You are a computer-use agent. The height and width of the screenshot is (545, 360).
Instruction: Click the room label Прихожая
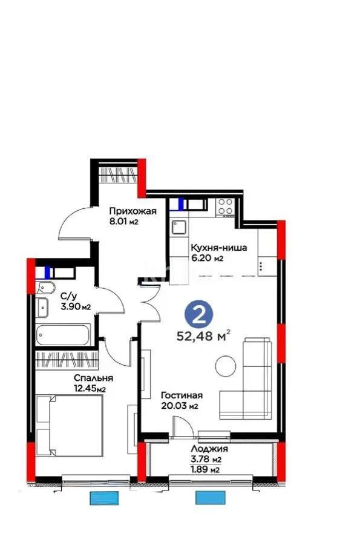coord(133,211)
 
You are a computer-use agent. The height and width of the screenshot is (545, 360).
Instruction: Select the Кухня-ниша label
coord(218,248)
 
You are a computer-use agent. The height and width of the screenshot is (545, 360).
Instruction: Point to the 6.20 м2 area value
coord(208,259)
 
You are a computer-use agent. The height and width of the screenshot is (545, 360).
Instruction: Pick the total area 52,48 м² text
coord(203,335)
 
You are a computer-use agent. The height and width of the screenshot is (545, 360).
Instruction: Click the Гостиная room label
coord(182,395)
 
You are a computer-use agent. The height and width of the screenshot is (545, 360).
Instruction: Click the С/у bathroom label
coord(68,297)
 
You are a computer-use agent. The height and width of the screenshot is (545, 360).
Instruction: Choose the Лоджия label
coord(209,449)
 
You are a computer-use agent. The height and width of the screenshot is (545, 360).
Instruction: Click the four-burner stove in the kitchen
coord(227,206)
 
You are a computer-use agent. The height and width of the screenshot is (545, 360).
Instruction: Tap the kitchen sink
coord(178,227)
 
